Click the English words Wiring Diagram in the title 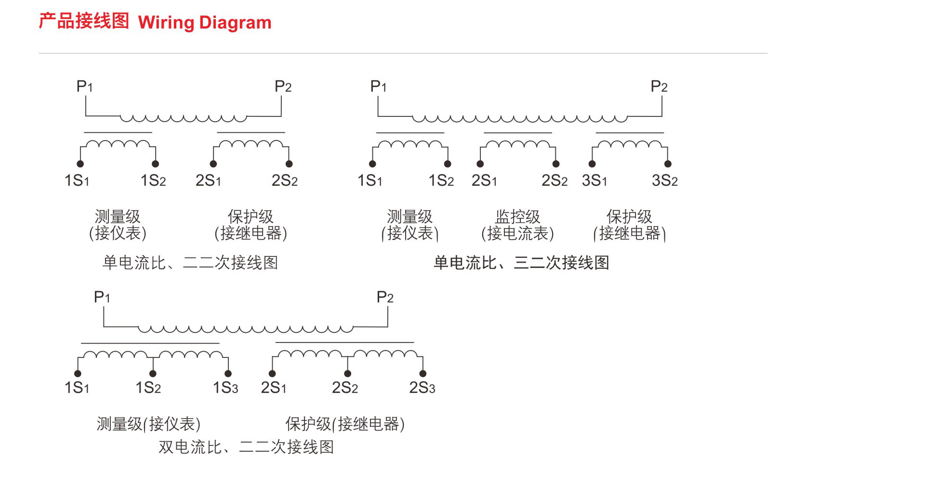tap(205, 23)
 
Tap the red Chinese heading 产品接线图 tap(84, 22)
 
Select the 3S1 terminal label tap(594, 181)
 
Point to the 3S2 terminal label tap(664, 181)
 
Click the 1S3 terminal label tap(225, 388)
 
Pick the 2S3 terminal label tap(422, 388)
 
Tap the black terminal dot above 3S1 tap(592, 164)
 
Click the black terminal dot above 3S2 tap(668, 164)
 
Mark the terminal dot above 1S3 tap(228, 374)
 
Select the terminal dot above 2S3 tap(423, 374)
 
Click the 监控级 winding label tap(517, 216)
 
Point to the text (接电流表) tap(517, 234)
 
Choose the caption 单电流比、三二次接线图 tap(521, 263)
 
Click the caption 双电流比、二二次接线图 tap(246, 447)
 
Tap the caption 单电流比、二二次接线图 tap(190, 263)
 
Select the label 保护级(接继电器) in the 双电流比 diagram tap(345, 424)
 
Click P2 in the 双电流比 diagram tap(384, 297)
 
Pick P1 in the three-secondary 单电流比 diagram tap(378, 87)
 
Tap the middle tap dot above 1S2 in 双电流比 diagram tap(153, 374)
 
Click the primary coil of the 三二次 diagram tap(520, 117)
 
